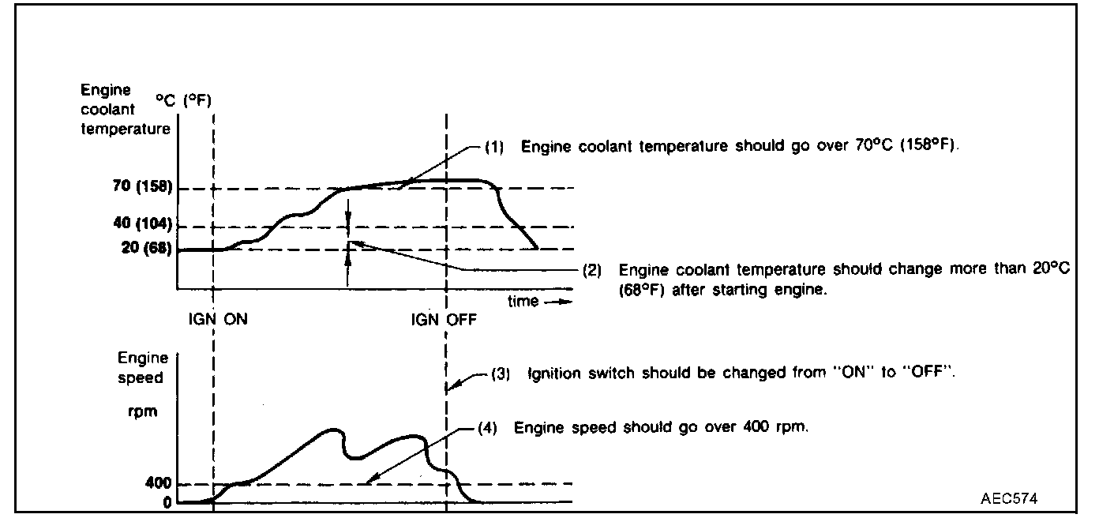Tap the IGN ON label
(x=217, y=320)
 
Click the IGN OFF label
(x=444, y=320)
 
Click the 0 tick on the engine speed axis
(x=167, y=502)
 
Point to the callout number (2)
(x=591, y=269)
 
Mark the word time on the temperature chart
(x=523, y=302)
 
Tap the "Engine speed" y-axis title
(x=142, y=368)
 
